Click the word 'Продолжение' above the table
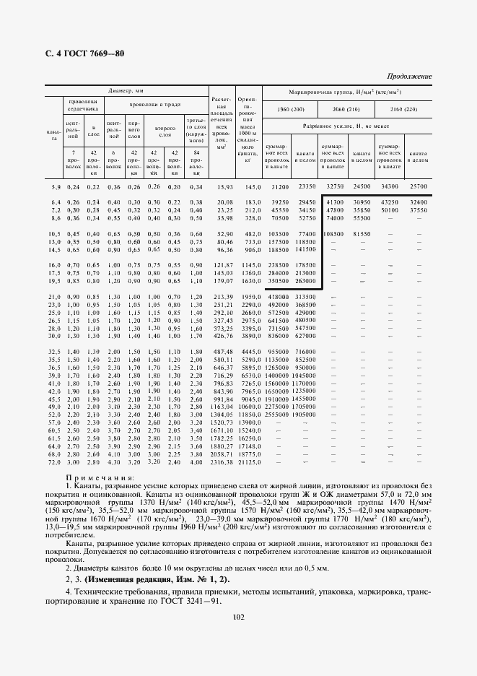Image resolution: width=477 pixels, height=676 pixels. (409, 76)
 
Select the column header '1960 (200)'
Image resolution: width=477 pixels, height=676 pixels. (290, 108)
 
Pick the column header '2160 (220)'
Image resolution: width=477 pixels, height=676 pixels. (403, 108)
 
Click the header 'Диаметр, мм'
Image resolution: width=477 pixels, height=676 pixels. (126, 92)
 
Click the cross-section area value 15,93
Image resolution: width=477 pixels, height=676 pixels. (226, 186)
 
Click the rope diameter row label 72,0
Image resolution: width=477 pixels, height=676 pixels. (54, 461)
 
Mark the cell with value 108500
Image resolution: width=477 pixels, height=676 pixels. (333, 234)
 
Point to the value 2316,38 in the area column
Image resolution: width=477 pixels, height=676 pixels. (222, 461)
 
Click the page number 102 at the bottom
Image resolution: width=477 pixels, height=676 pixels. (238, 615)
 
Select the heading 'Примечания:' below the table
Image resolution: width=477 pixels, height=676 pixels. (100, 477)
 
